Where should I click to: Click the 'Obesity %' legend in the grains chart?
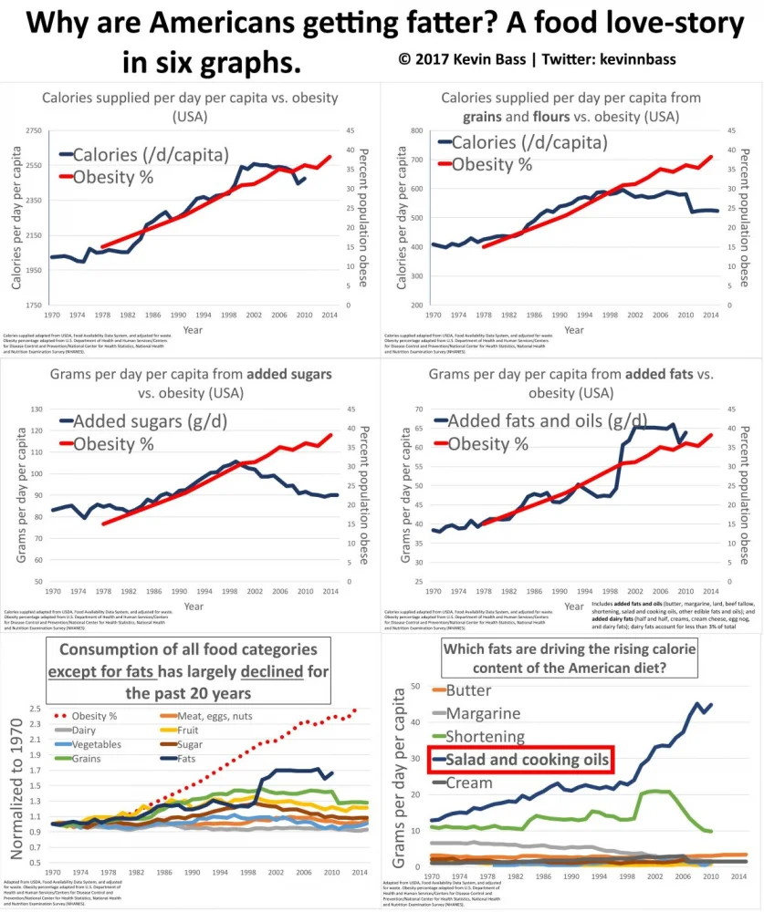pyautogui.click(x=492, y=164)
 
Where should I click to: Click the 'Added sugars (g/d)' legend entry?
pyautogui.click(x=150, y=421)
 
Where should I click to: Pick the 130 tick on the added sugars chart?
pyautogui.click(x=36, y=409)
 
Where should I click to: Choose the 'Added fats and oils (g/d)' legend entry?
pyautogui.click(x=537, y=421)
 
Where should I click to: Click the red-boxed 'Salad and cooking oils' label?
pyautogui.click(x=519, y=760)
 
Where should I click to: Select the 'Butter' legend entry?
pyautogui.click(x=469, y=690)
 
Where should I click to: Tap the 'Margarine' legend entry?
pyautogui.click(x=483, y=713)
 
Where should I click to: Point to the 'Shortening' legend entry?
pyautogui.click(x=485, y=736)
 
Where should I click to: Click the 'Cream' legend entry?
pyautogui.click(x=469, y=782)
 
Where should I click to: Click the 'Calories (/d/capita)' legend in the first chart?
pyautogui.click(x=151, y=154)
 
